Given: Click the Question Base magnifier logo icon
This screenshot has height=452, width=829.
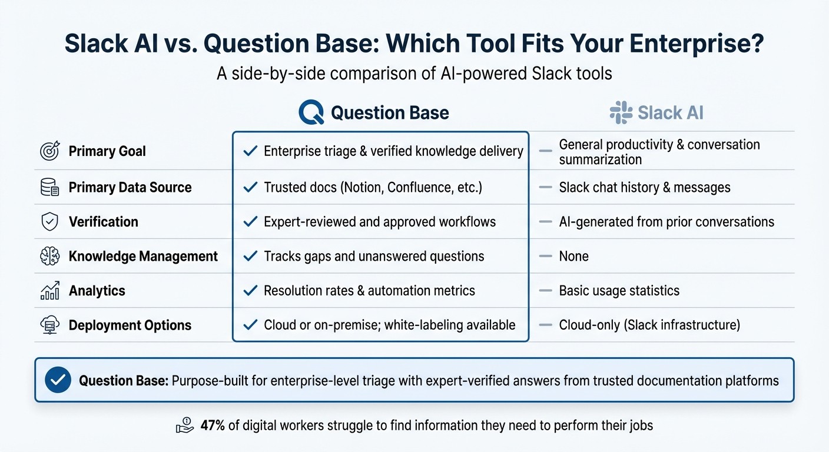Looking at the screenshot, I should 311,112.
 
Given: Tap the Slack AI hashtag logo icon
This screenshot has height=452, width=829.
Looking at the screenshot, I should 621,112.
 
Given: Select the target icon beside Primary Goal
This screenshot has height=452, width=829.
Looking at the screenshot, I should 49,151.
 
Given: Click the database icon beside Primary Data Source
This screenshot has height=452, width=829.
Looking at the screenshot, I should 49,188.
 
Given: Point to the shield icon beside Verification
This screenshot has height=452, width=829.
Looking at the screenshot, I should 49,222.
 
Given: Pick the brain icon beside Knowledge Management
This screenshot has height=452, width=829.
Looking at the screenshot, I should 49,257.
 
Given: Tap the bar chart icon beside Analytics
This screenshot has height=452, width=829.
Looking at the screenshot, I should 49,291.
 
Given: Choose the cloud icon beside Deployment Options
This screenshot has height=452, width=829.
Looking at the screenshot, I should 49,325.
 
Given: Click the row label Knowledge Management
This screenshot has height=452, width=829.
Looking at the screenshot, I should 143,257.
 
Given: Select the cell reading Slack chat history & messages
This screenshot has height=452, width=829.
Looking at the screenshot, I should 644,188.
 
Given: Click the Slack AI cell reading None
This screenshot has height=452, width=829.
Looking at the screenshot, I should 573,257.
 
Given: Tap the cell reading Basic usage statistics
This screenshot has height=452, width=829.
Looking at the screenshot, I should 619,291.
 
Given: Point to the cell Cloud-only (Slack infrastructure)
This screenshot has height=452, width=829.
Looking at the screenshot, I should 649,325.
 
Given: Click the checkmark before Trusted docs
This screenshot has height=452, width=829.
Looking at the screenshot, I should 250,188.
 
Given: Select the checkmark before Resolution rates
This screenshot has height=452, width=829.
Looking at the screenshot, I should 250,291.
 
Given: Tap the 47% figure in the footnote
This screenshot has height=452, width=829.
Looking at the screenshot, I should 213,426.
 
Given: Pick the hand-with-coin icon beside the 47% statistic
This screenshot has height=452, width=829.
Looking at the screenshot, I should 185,425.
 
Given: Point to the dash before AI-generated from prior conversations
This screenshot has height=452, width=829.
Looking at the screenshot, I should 546,222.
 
